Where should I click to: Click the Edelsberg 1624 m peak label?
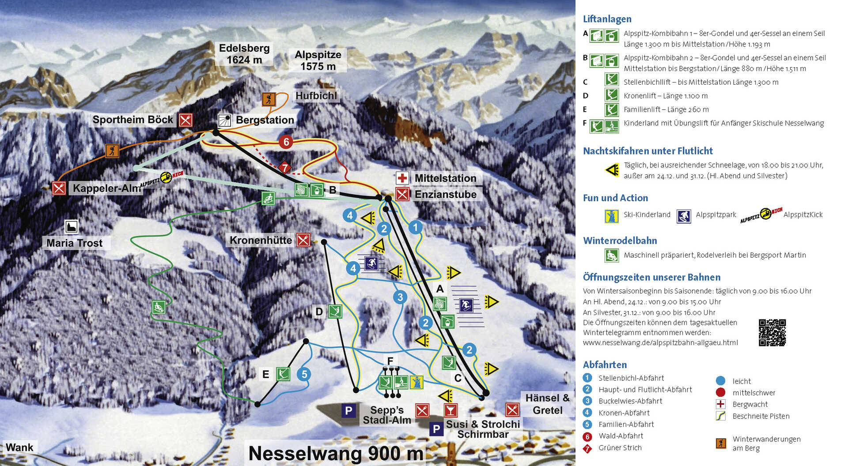point(244,54)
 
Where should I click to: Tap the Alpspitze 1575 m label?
point(318,60)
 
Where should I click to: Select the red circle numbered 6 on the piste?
point(286,142)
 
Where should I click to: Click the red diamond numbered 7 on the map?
point(285,168)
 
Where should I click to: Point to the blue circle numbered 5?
point(304,374)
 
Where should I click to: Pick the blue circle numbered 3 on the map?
point(400,297)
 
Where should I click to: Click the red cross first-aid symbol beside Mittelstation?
point(402,178)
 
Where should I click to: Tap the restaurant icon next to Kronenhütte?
point(303,240)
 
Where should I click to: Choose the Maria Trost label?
point(74,243)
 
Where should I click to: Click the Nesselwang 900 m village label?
point(336,453)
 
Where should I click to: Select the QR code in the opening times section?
point(772,333)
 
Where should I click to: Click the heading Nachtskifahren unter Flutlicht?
point(647,151)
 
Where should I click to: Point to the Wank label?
point(19,447)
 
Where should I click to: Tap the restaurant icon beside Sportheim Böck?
point(185,120)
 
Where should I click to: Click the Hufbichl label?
point(316,96)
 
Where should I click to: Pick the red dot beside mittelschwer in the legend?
point(720,392)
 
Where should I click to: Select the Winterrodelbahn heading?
point(620,241)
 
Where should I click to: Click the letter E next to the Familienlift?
point(265,374)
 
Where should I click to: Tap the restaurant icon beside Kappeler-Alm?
point(59,188)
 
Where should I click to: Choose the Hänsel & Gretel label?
point(547,404)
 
